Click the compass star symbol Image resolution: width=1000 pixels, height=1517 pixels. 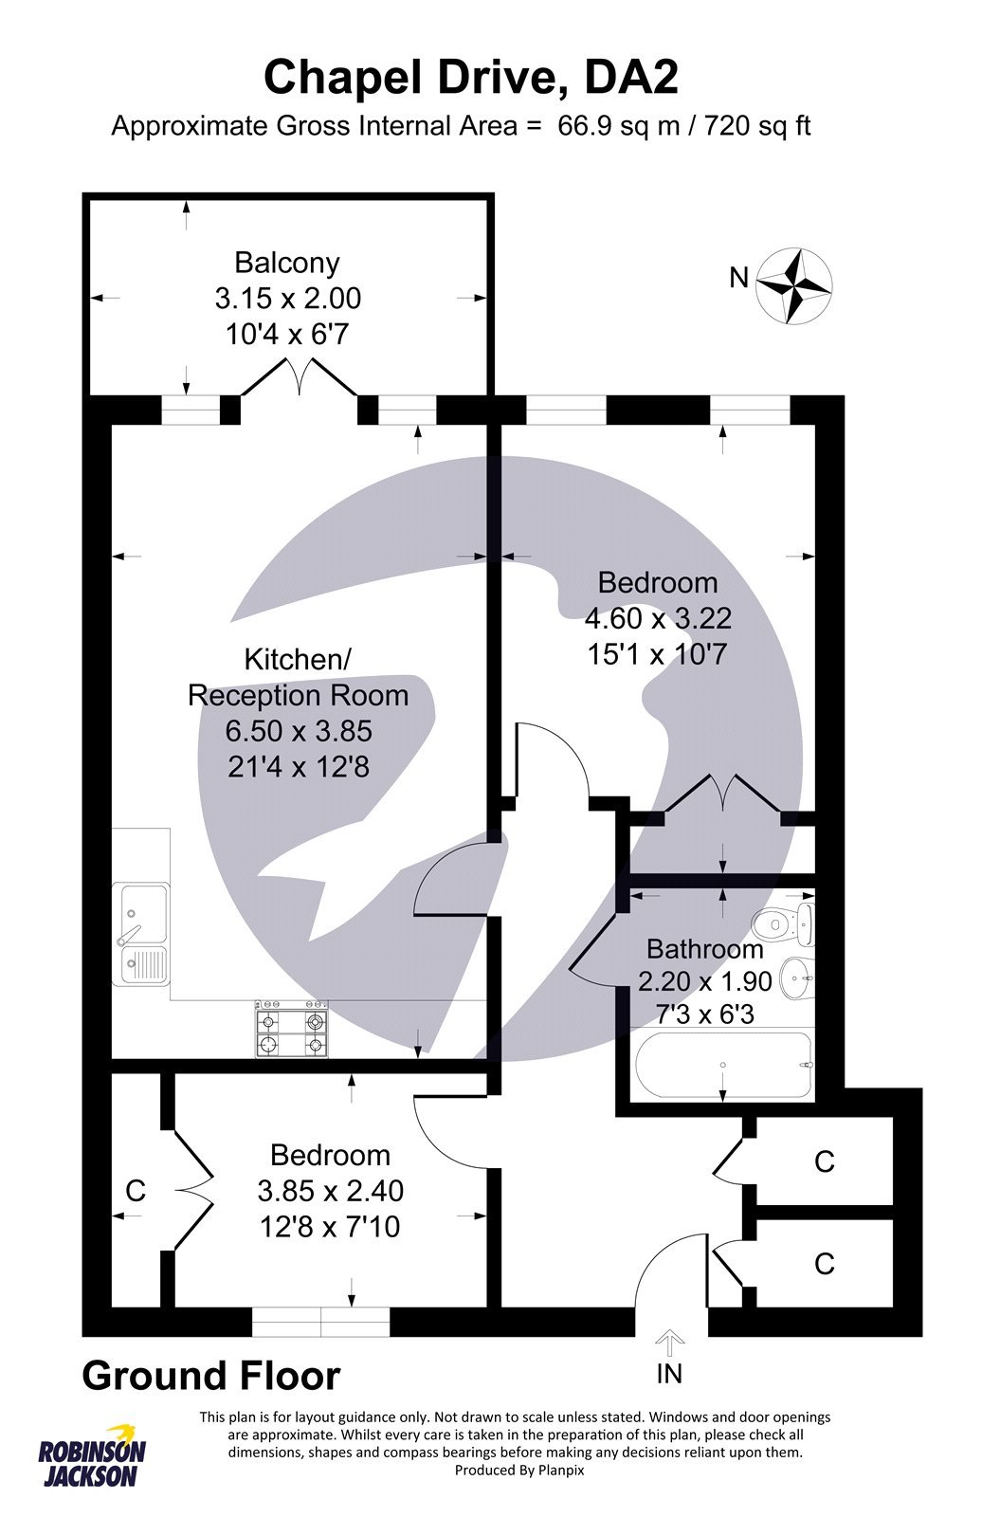795,285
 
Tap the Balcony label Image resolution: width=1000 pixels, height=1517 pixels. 287,263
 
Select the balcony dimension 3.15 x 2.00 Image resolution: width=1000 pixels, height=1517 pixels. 287,299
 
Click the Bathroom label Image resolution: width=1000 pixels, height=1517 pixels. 704,949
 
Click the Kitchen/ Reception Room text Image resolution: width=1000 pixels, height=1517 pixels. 298,677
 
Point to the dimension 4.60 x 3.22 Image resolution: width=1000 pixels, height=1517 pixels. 658,619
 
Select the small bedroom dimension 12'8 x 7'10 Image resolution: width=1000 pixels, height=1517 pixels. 330,1228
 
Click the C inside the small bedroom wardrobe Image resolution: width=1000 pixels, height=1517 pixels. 136,1191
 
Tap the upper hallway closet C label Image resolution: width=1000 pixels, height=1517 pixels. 824,1161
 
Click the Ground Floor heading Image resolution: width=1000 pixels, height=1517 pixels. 210,1376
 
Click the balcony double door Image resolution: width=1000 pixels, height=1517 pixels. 300,378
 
